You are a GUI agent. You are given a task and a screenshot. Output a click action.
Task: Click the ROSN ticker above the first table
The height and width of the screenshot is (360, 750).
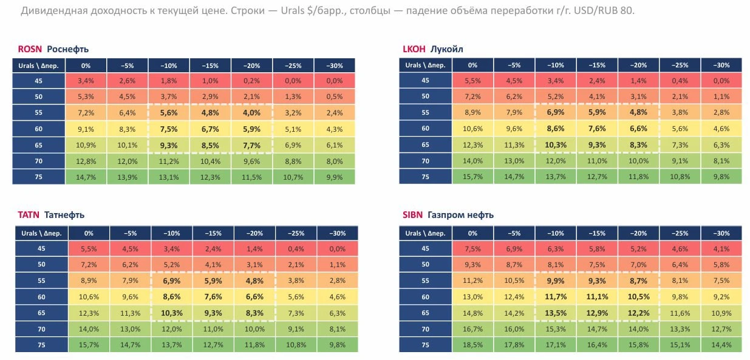(30, 49)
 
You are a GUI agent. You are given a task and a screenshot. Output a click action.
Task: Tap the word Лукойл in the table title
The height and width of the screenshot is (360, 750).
(446, 49)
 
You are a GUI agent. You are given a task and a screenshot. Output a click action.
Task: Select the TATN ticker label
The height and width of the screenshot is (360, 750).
(29, 215)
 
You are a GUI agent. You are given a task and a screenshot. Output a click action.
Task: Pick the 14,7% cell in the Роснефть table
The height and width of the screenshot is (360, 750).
(86, 177)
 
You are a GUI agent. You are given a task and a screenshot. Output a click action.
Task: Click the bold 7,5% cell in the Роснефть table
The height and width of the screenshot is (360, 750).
(169, 129)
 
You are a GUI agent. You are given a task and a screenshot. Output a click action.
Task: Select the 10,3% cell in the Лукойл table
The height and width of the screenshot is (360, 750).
(556, 145)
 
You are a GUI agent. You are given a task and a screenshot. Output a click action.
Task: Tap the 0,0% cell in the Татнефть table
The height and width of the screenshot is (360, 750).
(337, 249)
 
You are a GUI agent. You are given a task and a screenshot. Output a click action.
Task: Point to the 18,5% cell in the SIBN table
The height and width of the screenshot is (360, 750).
(472, 345)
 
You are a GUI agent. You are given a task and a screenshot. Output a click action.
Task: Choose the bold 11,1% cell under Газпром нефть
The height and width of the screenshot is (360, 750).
(597, 297)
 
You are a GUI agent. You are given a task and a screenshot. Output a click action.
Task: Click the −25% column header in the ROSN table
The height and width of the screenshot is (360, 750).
(293, 66)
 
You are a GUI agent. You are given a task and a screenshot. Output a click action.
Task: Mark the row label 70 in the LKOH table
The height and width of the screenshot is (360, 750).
(425, 161)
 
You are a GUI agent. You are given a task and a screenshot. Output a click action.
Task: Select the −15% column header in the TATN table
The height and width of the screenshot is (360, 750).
(213, 233)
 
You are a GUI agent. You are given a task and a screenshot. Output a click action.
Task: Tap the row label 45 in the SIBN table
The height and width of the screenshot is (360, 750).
(425, 248)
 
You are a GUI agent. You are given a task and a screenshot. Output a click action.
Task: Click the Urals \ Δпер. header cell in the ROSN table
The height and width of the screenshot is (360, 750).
(38, 66)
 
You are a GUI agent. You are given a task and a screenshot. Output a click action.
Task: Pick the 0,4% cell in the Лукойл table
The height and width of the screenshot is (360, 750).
(680, 81)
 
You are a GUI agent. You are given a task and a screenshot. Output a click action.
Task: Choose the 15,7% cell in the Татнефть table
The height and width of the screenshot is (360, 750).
(89, 345)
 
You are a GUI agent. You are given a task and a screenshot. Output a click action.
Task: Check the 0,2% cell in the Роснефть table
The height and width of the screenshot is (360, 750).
(251, 81)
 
